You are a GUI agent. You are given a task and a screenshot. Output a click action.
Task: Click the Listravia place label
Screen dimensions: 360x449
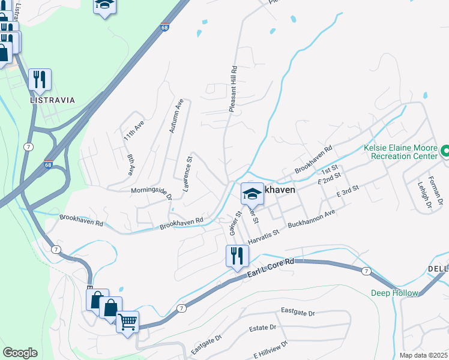pos(53,100)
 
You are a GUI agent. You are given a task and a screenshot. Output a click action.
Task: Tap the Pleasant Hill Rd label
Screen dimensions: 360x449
pos(233,89)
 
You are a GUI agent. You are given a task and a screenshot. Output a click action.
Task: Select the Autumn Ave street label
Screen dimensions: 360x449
pos(176,116)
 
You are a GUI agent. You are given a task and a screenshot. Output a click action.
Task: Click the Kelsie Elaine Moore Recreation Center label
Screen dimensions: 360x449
pos(400,152)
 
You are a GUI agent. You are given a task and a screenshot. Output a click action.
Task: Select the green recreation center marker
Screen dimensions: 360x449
pos(445,151)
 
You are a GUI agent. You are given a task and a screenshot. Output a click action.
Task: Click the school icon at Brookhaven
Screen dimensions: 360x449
pos(253,193)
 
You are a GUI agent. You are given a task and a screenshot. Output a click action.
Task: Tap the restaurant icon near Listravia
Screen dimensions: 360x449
pos(40,79)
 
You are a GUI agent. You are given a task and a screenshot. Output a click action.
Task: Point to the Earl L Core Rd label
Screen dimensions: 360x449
pos(270,268)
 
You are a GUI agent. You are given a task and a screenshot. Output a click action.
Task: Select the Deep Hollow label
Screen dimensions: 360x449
pos(388,293)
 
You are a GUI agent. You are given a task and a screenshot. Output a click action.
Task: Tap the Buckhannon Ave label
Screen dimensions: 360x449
pos(312,220)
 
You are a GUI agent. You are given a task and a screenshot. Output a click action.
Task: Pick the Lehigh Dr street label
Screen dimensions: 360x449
pos(420,195)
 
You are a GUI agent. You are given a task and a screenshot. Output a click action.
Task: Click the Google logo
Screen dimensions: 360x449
pos(20,353)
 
